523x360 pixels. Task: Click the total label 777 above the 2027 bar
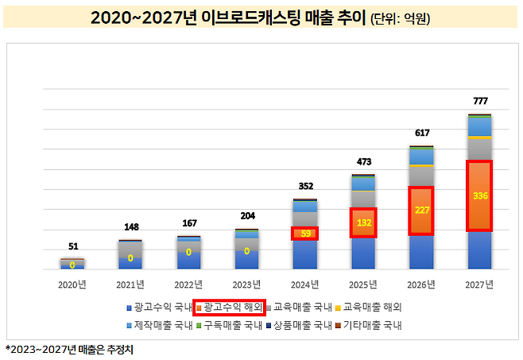point(479,101)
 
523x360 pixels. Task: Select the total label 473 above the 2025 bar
point(363,162)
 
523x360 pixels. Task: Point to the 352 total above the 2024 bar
point(305,187)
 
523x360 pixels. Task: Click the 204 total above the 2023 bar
point(246,216)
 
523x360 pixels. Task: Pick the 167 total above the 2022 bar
point(188,223)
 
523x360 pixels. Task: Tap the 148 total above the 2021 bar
point(130,226)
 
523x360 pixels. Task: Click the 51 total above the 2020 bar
point(72,246)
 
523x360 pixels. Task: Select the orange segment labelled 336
point(479,195)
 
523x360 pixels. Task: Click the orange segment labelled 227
point(421,211)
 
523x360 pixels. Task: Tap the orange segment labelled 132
point(363,223)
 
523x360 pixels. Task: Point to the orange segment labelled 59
point(305,234)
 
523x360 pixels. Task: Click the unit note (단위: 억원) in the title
point(401,17)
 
